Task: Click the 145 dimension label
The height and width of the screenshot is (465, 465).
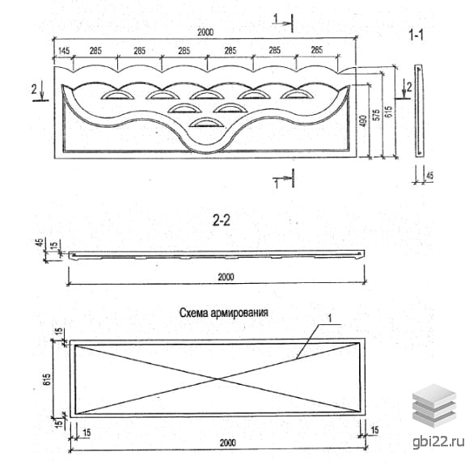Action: click(x=64, y=51)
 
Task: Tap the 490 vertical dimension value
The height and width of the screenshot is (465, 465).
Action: click(x=363, y=121)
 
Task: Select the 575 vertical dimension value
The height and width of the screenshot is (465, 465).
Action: click(x=376, y=115)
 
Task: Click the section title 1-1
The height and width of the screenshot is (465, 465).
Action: click(x=416, y=36)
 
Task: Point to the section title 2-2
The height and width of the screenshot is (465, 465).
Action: click(x=222, y=220)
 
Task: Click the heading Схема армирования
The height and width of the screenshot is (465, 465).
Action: click(x=224, y=313)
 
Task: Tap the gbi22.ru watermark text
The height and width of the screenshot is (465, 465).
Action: click(x=438, y=442)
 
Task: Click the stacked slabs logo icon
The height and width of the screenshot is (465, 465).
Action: click(x=433, y=405)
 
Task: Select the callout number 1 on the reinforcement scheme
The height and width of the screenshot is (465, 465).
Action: click(x=329, y=319)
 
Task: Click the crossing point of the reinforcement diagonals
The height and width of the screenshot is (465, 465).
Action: click(x=218, y=378)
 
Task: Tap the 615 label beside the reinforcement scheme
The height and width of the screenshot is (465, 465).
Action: click(x=47, y=379)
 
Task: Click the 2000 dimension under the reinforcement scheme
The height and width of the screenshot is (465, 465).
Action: click(x=228, y=443)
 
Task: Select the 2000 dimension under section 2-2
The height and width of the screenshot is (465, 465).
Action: click(x=226, y=277)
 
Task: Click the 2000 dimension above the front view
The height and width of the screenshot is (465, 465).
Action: click(x=205, y=32)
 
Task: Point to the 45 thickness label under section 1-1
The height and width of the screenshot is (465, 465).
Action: click(x=429, y=175)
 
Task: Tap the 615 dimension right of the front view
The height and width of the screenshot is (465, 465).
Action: click(x=389, y=112)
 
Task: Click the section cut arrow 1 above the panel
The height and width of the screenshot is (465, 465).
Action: click(x=283, y=23)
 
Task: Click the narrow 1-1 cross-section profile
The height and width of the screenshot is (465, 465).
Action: click(x=419, y=111)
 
